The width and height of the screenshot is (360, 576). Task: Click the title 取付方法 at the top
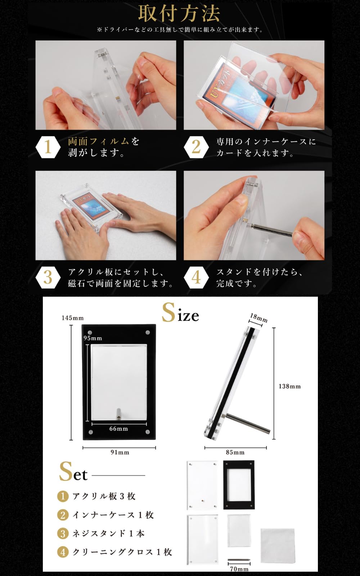pyautogui.click(x=179, y=14)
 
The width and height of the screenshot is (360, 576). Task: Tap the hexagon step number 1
pyautogui.click(x=48, y=147)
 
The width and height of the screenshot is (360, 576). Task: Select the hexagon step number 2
pyautogui.click(x=196, y=147)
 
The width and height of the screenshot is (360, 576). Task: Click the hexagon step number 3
pyautogui.click(x=48, y=277)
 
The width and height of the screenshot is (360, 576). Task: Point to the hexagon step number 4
pyautogui.click(x=196, y=277)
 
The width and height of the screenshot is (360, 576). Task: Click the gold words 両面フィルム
pyautogui.click(x=98, y=141)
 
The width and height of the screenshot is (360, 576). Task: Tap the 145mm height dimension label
pyautogui.click(x=72, y=318)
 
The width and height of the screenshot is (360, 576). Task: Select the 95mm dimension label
pyautogui.click(x=93, y=338)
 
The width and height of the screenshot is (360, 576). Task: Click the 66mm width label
pyautogui.click(x=118, y=428)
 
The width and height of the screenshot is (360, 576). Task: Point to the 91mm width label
pyautogui.click(x=120, y=452)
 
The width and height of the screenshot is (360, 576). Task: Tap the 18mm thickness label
pyautogui.click(x=259, y=318)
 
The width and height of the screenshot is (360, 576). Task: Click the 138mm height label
pyautogui.click(x=289, y=386)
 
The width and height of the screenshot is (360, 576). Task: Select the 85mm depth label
pyautogui.click(x=235, y=452)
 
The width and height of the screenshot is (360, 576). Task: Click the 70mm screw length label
pyautogui.click(x=239, y=569)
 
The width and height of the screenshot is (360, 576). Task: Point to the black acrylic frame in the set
pyautogui.click(x=239, y=485)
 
